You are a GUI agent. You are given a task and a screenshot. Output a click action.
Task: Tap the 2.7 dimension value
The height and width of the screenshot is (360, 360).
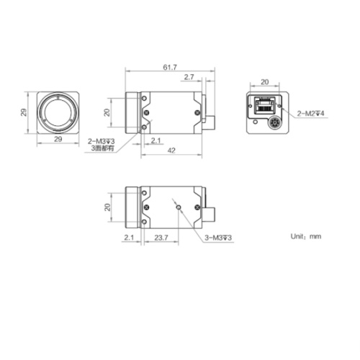[189, 76]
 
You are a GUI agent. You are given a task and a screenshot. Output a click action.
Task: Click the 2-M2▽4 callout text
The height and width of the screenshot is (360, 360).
[313, 113]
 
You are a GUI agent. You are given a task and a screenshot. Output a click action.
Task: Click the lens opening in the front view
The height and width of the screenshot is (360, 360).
[56, 113]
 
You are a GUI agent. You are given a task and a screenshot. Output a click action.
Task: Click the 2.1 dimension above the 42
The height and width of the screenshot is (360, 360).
[156, 140]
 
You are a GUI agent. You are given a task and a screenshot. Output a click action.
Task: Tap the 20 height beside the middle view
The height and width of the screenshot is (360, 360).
[107, 112]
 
